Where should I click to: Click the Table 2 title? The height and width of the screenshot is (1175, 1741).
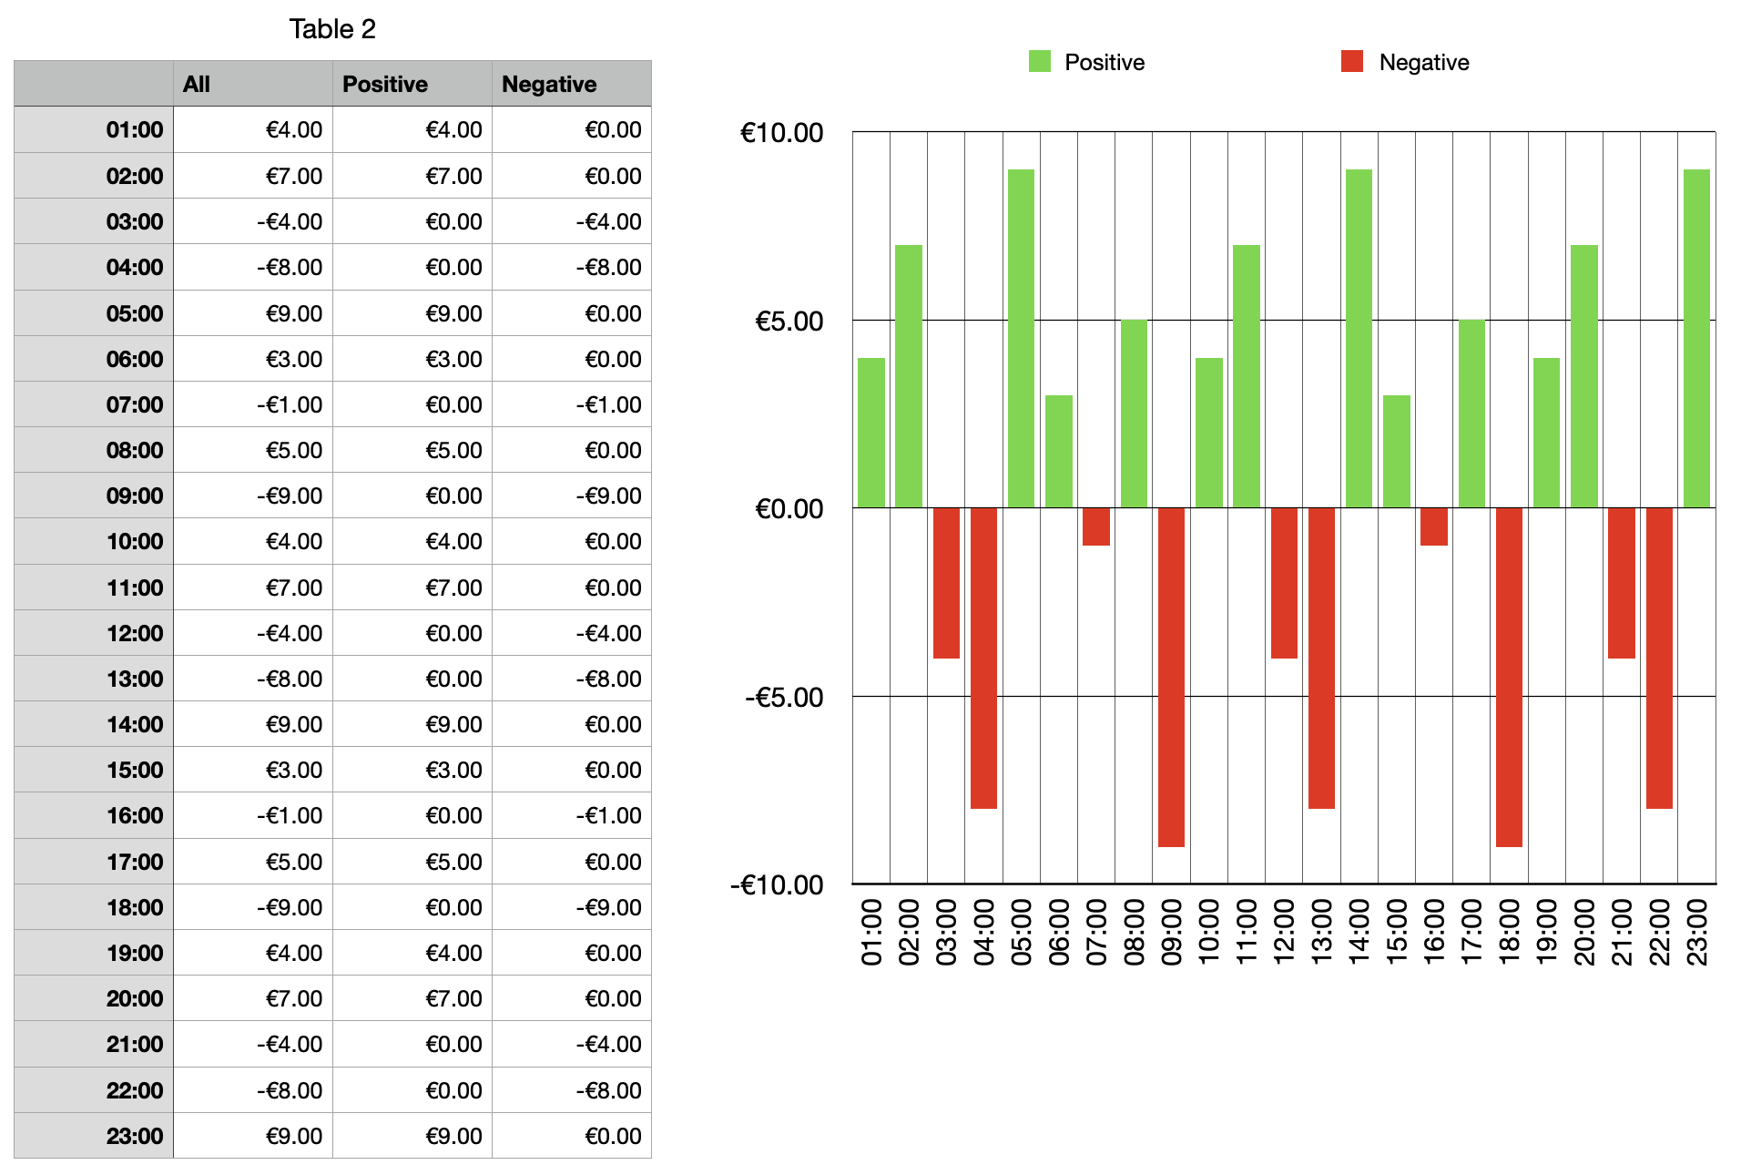pyautogui.click(x=332, y=29)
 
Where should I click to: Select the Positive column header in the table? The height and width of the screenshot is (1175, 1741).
pyautogui.click(x=385, y=84)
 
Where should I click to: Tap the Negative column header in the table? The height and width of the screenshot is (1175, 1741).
pyautogui.click(x=549, y=84)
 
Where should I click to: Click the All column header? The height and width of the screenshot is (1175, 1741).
pyautogui.click(x=197, y=84)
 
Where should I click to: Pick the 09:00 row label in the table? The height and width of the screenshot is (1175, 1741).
pyautogui.click(x=135, y=496)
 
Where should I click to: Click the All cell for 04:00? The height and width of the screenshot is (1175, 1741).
pyautogui.click(x=290, y=268)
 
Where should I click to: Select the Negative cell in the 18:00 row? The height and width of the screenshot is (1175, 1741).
pyautogui.click(x=608, y=908)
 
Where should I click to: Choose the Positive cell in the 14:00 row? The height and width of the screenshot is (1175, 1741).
pyautogui.click(x=453, y=725)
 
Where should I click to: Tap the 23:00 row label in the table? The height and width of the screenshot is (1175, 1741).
pyautogui.click(x=135, y=1137)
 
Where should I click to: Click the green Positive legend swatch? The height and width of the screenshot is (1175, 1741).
pyautogui.click(x=1039, y=61)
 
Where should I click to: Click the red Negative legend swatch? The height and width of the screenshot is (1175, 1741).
pyautogui.click(x=1352, y=61)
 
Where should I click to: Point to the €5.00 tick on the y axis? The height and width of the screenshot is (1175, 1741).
pyautogui.click(x=789, y=322)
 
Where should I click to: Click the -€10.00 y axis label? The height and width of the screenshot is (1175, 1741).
pyautogui.click(x=777, y=885)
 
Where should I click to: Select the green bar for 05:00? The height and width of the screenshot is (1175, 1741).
pyautogui.click(x=1021, y=338)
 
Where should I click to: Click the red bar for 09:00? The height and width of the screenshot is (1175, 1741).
pyautogui.click(x=1171, y=677)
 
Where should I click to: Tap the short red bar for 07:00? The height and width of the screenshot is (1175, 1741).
pyautogui.click(x=1096, y=526)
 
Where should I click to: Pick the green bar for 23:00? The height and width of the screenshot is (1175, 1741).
pyautogui.click(x=1696, y=338)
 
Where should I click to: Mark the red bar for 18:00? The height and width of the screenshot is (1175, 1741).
pyautogui.click(x=1509, y=677)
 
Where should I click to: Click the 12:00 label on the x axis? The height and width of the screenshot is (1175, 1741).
pyautogui.click(x=1284, y=932)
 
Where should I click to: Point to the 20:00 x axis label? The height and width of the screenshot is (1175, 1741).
pyautogui.click(x=1584, y=932)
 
